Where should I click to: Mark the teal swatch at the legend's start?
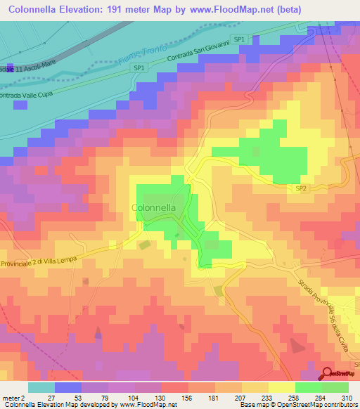point(41,387)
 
